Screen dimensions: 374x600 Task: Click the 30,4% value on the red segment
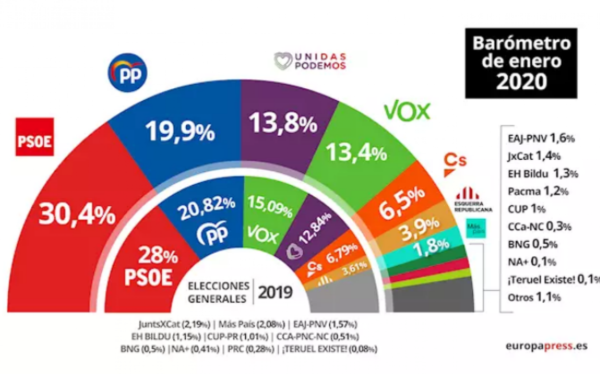click(77, 215)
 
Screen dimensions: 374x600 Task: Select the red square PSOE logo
click(34, 136)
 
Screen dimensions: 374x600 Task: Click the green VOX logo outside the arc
click(406, 111)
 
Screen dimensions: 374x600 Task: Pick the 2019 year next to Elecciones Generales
click(275, 292)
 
